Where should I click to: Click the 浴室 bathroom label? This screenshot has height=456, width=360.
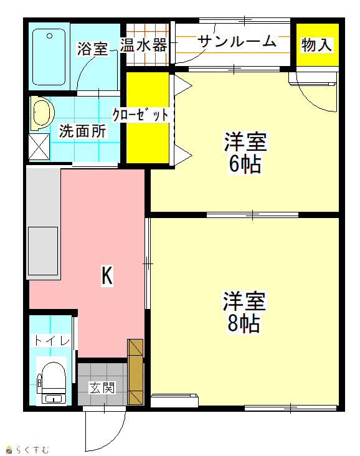click(x=92, y=49)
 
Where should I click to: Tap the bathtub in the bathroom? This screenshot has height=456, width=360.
click(x=49, y=57)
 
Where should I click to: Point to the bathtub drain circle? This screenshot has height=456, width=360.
click(x=49, y=36)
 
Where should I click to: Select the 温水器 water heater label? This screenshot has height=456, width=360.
click(x=144, y=45)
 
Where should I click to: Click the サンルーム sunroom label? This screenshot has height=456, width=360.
click(x=237, y=41)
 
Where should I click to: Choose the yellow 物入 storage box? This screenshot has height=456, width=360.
click(x=318, y=45)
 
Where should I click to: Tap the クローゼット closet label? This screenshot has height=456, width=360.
click(x=141, y=115)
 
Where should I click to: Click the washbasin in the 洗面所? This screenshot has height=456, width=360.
click(x=42, y=113)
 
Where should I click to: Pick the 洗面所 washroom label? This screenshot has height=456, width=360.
click(x=83, y=131)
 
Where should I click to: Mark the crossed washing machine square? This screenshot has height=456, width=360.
click(x=39, y=147)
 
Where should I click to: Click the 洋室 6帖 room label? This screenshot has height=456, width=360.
click(x=245, y=153)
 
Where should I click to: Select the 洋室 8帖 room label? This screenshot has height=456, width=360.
click(x=244, y=311)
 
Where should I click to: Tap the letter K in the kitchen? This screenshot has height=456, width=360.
click(x=107, y=276)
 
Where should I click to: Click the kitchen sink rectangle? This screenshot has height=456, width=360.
click(x=43, y=251)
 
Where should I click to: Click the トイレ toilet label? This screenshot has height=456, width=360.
click(x=52, y=341)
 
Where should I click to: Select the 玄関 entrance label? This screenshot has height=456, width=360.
click(x=102, y=387)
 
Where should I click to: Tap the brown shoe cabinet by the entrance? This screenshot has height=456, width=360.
click(x=136, y=372)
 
